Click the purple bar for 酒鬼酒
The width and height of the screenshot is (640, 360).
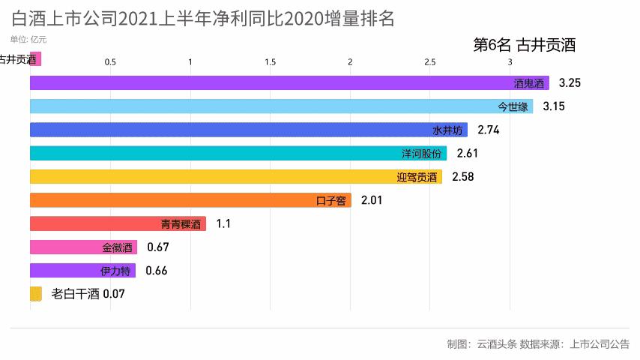(x=289, y=83)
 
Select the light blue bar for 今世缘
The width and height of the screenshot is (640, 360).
(x=281, y=106)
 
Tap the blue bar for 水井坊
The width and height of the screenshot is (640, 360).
(x=248, y=130)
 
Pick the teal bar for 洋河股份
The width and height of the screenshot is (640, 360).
(x=238, y=153)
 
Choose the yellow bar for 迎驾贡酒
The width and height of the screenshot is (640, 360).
(x=235, y=177)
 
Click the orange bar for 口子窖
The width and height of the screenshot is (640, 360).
(x=190, y=200)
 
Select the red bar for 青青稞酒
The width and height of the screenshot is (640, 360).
(x=118, y=223)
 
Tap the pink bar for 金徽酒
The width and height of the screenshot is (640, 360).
(x=83, y=247)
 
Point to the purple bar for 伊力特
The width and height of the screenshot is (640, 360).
(x=82, y=271)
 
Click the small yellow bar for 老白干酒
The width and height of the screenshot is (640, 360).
(x=35, y=294)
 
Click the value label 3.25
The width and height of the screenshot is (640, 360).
(x=570, y=83)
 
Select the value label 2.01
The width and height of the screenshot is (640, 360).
(x=372, y=200)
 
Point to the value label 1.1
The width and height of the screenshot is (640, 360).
(x=223, y=223)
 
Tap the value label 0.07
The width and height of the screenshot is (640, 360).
(x=113, y=294)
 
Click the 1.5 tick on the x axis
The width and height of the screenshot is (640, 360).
(x=271, y=62)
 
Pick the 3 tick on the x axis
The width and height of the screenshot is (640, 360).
(x=510, y=62)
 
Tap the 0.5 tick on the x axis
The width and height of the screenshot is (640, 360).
(x=110, y=62)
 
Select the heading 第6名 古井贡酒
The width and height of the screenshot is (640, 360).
(x=525, y=46)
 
